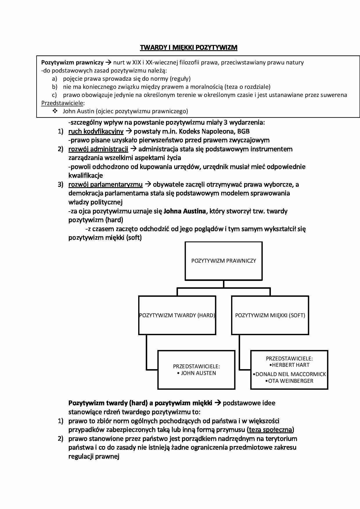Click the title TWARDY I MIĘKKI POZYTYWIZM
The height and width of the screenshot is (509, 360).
(x=189, y=48)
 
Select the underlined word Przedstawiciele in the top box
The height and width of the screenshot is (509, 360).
(x=62, y=103)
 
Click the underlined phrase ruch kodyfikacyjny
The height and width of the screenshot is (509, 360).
(x=96, y=131)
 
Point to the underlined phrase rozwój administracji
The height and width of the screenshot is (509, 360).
(x=98, y=149)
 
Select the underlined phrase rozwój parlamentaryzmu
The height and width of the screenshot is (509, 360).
(x=105, y=185)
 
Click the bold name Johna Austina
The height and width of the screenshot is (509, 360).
(x=185, y=211)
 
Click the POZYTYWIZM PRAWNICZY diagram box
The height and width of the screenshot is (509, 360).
(x=224, y=261)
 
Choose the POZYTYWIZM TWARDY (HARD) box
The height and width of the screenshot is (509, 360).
(x=177, y=315)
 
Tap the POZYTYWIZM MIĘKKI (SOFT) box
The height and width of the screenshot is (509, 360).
(x=270, y=315)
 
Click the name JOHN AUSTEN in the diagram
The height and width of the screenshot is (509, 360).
(x=198, y=373)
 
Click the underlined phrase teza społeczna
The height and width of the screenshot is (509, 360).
(x=271, y=430)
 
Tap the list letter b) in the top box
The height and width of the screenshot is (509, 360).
(x=55, y=87)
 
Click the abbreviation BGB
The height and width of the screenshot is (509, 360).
(x=243, y=131)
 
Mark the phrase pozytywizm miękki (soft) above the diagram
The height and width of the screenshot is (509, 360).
(x=105, y=238)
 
